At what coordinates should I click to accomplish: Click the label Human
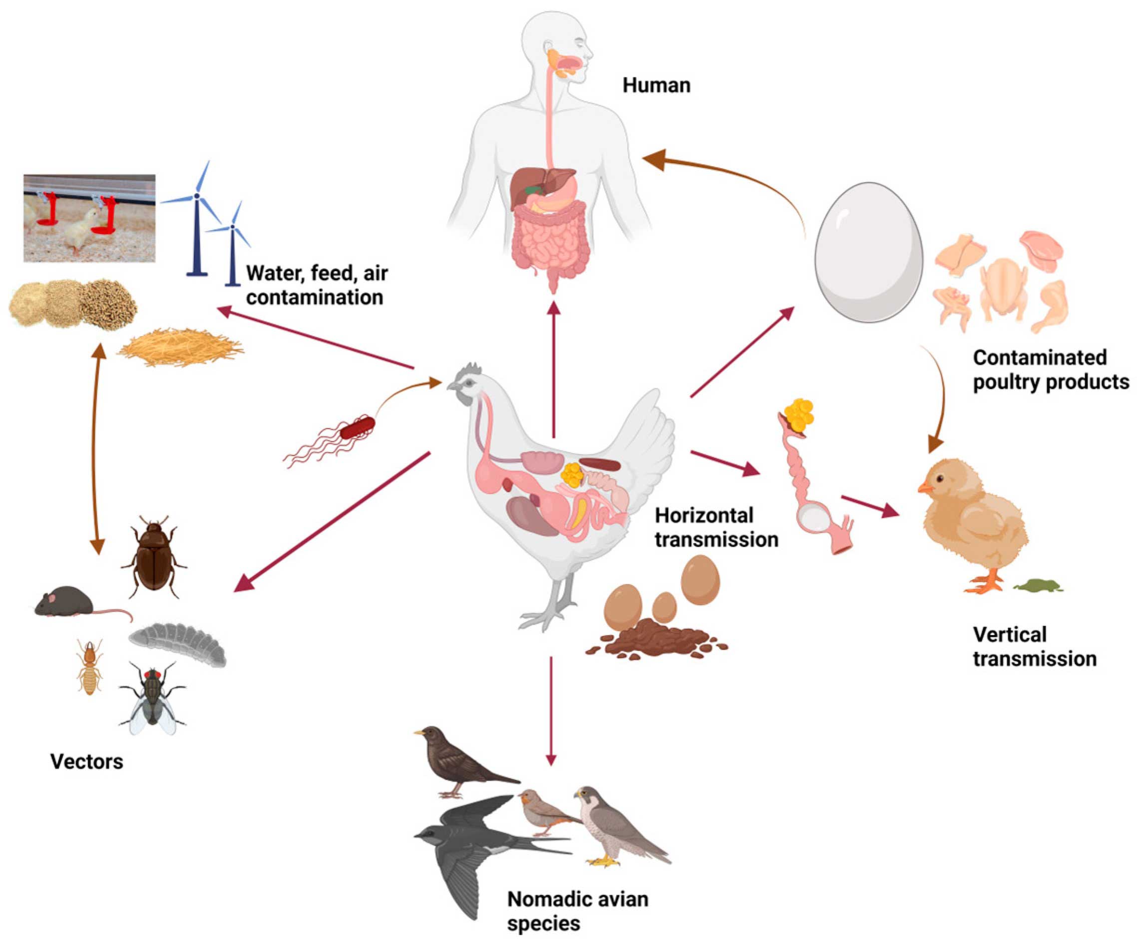656,85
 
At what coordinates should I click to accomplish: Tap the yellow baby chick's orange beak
924,488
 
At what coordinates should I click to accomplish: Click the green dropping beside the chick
1037,586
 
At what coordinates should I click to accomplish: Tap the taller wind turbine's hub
197,195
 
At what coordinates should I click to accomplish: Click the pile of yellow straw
180,346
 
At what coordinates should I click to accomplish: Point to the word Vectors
86,762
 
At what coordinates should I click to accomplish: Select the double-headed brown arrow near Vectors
97,449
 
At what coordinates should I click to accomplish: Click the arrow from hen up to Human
553,368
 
